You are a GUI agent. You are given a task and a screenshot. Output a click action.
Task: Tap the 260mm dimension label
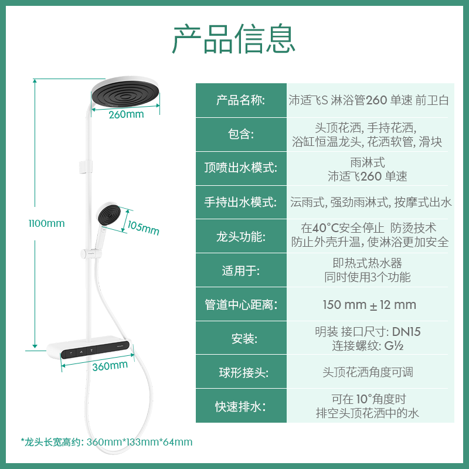tap(126, 114)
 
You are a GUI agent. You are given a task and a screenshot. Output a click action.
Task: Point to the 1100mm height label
tap(47, 223)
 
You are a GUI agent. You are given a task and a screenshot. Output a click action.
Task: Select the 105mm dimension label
tap(143, 227)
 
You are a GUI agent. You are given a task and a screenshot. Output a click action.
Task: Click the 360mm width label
tap(110, 365)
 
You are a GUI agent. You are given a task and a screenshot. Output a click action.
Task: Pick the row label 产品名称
tap(241, 100)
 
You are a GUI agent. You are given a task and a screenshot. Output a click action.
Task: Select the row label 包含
tap(241, 134)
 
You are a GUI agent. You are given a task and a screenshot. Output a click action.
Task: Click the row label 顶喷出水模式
tap(241, 168)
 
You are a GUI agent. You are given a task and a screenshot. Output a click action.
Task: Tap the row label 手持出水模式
tap(241, 202)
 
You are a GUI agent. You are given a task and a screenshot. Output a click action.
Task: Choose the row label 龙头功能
tap(241, 236)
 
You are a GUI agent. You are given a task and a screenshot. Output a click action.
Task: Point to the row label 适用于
tap(241, 270)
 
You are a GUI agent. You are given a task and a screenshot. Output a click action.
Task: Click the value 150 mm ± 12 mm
tap(369, 305)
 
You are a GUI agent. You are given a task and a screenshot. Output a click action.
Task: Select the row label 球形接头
tap(241, 372)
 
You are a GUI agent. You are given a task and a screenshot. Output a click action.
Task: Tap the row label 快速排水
tap(241, 406)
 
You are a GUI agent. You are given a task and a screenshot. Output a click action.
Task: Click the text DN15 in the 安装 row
tap(407, 332)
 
